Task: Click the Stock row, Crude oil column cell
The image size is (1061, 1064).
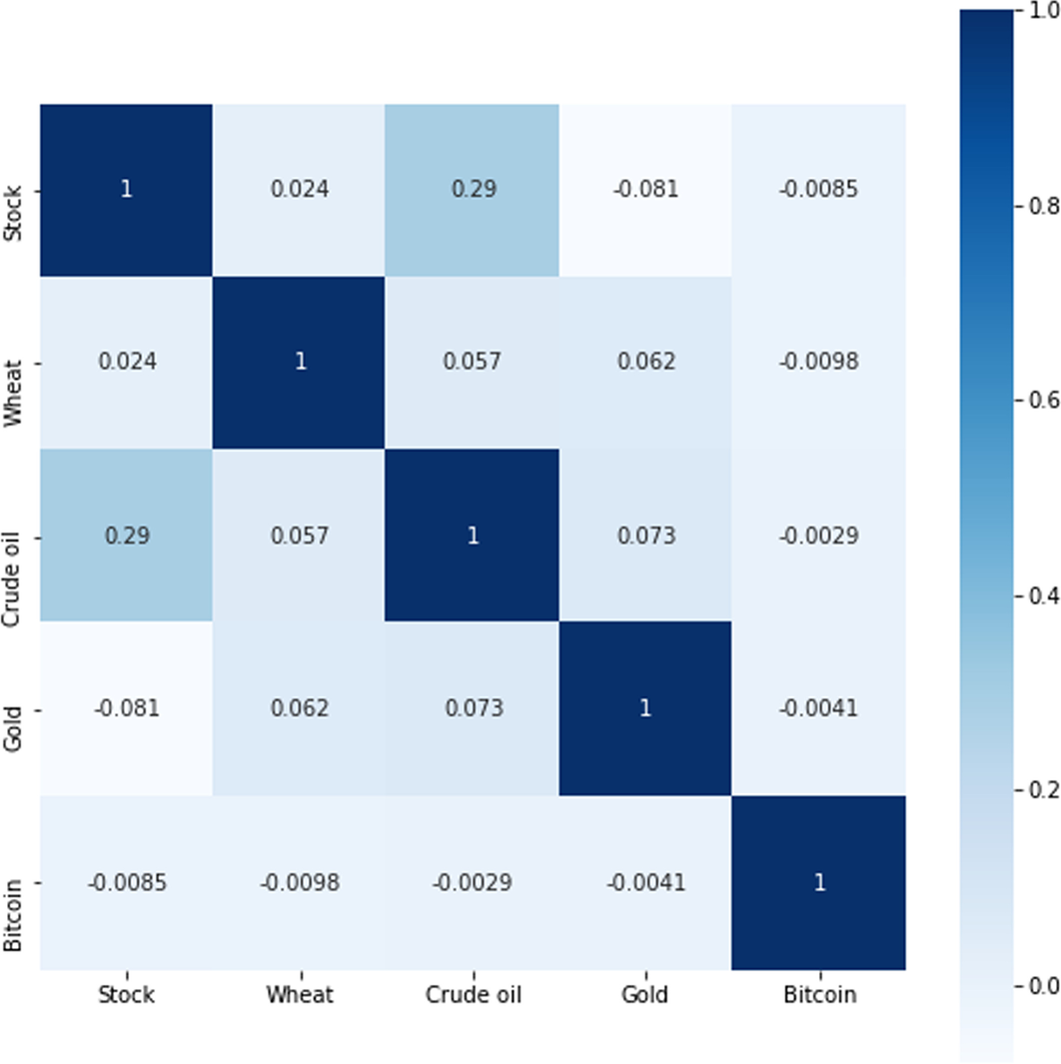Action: (473, 190)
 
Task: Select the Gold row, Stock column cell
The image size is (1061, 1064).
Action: (126, 709)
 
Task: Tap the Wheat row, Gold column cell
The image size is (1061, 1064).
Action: (645, 363)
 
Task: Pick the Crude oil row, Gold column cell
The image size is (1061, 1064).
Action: (645, 535)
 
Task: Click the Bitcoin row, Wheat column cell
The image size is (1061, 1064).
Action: (300, 882)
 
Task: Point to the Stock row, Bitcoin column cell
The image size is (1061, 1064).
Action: (819, 190)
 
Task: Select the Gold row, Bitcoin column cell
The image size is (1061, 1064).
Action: (819, 709)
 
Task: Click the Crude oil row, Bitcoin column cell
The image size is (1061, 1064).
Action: (819, 535)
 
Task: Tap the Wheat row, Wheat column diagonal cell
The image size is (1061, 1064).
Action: (300, 363)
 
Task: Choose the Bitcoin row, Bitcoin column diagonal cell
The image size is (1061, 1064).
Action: (819, 882)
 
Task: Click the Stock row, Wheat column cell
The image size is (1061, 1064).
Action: (300, 190)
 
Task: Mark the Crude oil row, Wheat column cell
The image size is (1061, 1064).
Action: (300, 535)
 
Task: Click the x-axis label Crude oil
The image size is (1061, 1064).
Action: (473, 995)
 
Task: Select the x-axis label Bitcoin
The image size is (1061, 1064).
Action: (819, 995)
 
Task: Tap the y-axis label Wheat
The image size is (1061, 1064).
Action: (12, 363)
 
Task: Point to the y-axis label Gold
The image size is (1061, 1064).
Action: (12, 709)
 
